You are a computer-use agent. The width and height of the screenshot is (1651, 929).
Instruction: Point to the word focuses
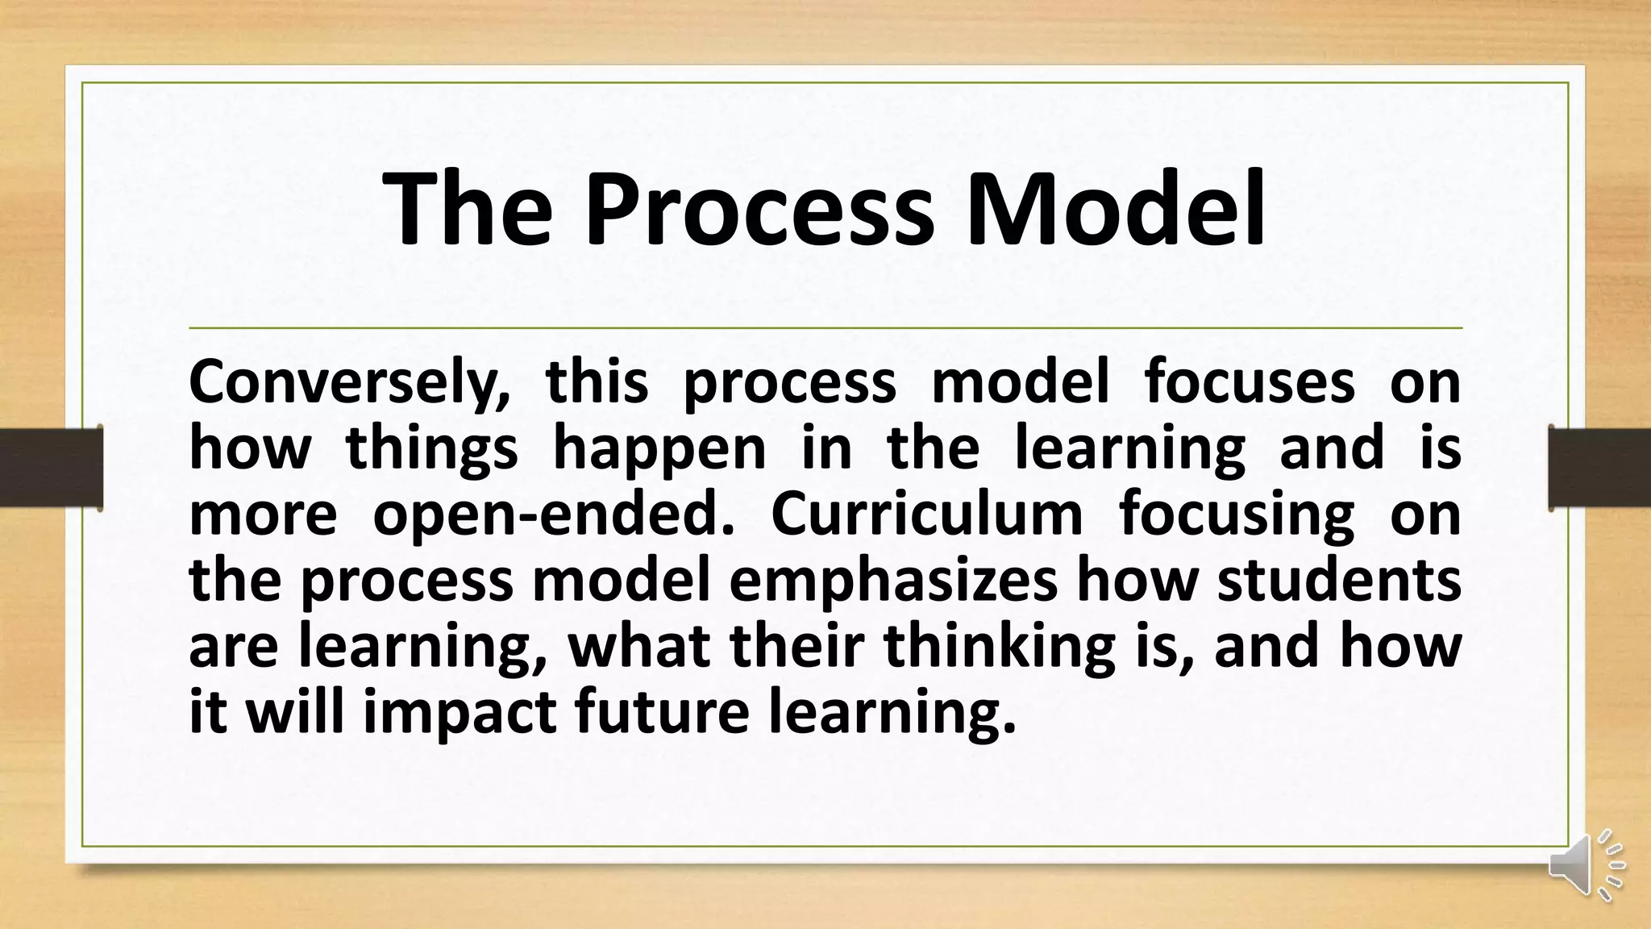tap(1250, 382)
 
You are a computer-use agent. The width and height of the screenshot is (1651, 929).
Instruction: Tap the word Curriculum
tap(927, 514)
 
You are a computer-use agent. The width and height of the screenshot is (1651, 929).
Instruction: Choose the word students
tap(1339, 581)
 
